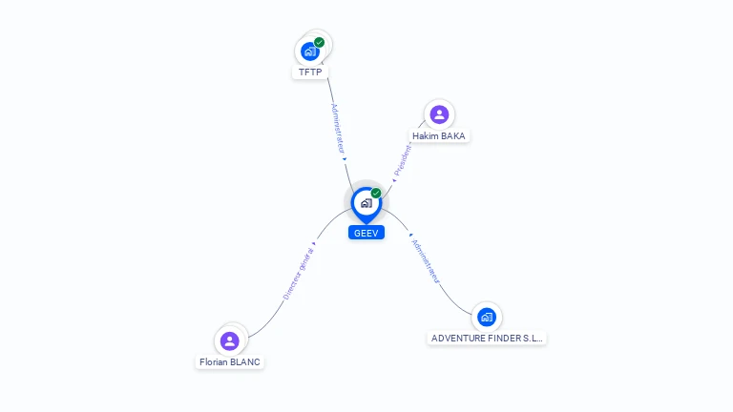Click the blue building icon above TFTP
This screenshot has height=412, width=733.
pos(309,51)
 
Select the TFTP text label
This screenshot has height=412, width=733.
pos(309,72)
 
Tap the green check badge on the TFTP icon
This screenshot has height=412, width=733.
pos(319,42)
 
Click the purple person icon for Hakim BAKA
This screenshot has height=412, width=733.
pos(439,115)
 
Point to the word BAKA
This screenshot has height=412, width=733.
pos(452,136)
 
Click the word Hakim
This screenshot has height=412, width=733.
pos(426,136)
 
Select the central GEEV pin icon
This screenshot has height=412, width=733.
pos(366,203)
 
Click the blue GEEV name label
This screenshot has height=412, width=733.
pos(366,233)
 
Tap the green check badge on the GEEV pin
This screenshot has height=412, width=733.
pos(376,193)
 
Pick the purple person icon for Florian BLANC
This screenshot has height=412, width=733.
pos(229,340)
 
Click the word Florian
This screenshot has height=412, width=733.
pos(214,362)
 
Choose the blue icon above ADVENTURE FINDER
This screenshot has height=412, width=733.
pos(487,317)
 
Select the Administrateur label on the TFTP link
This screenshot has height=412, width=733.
pos(337,130)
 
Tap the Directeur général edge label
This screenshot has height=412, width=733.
pos(298,274)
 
